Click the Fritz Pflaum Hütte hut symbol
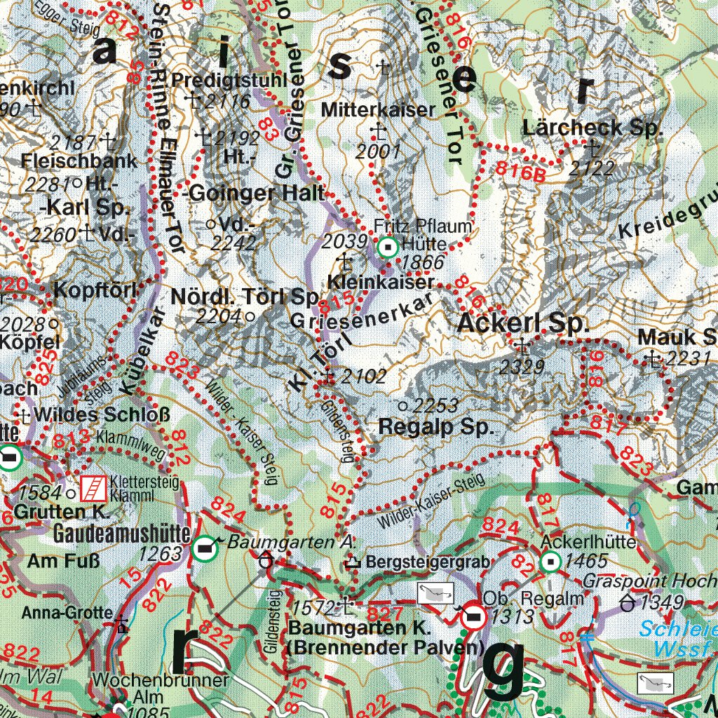click(x=387, y=247)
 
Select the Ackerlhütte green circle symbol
click(x=550, y=561)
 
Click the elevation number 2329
click(x=522, y=366)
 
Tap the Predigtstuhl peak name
click(x=219, y=79)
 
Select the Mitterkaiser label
click(x=378, y=110)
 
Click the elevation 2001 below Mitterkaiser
click(x=377, y=151)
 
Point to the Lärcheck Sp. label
click(x=592, y=128)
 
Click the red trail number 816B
click(x=520, y=170)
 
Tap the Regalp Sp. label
click(x=437, y=427)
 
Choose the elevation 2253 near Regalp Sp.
click(x=435, y=405)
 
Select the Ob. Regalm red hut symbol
click(x=473, y=616)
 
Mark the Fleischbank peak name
click(x=79, y=161)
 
